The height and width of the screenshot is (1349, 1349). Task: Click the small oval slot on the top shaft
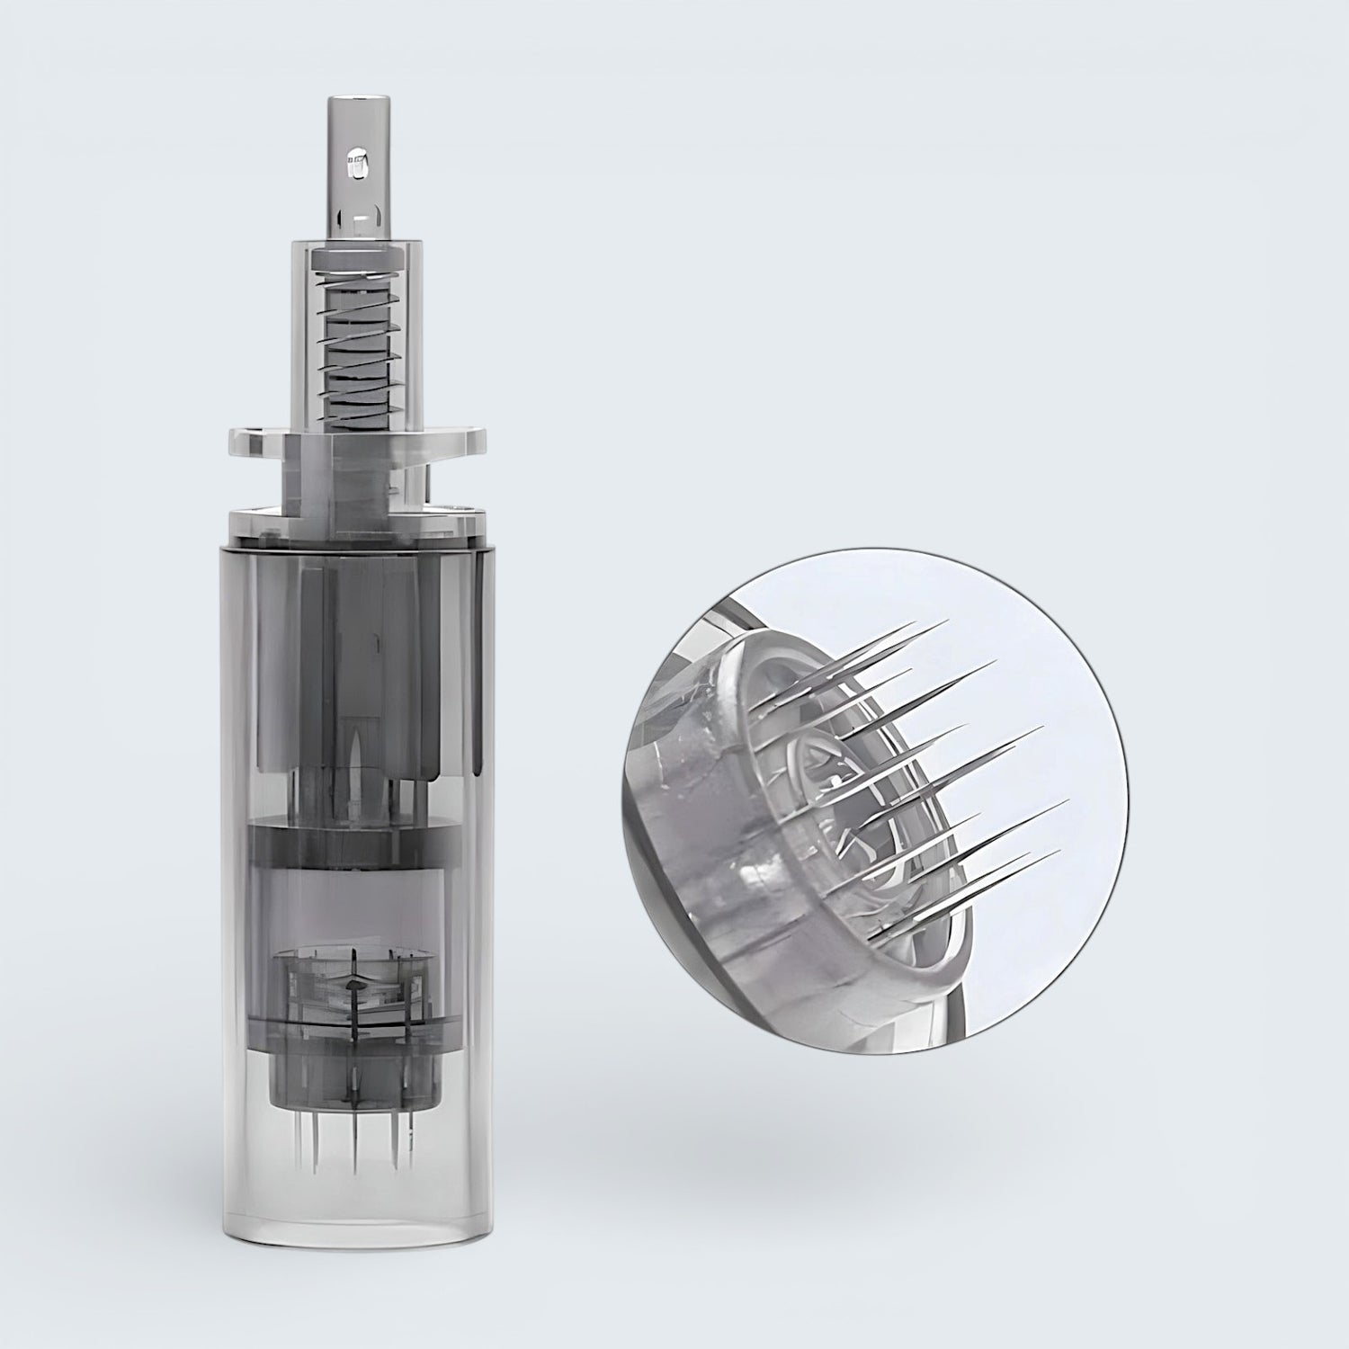357,165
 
